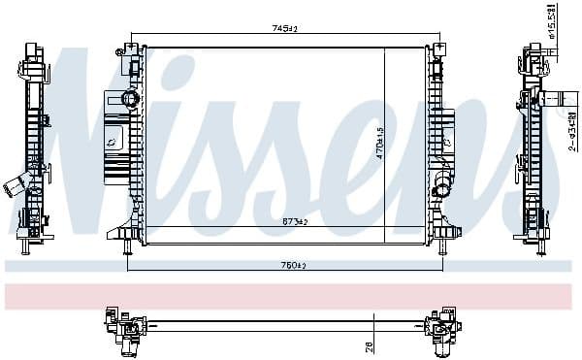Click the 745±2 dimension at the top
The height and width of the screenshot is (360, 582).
point(283,30)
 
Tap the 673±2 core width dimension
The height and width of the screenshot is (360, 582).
point(295,222)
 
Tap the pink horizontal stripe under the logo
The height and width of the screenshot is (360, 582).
point(291,295)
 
